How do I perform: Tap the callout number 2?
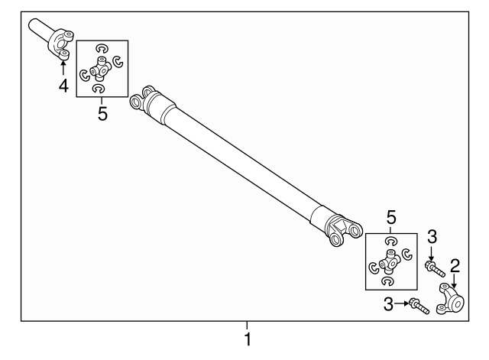[455, 266]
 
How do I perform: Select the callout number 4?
[63, 86]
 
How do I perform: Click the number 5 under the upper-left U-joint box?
[102, 114]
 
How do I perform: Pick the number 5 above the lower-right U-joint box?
[390, 216]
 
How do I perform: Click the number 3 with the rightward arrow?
[388, 304]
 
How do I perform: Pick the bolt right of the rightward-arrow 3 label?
[417, 306]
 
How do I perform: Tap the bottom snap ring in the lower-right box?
[390, 282]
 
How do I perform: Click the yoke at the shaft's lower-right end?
[341, 229]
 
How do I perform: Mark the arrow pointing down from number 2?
[455, 280]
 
